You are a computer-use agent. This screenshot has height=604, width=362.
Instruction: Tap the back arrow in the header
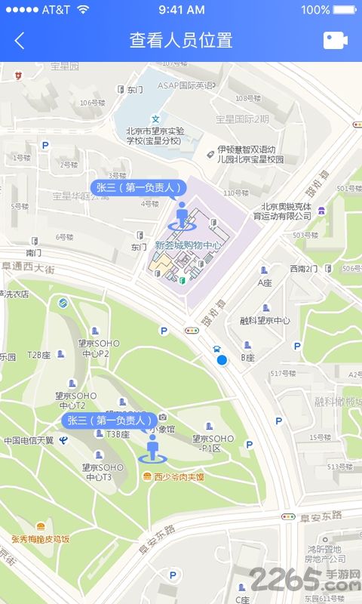(20, 41)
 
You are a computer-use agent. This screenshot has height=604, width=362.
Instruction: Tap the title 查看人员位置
(181, 41)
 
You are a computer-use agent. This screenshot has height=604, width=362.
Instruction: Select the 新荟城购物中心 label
(188, 245)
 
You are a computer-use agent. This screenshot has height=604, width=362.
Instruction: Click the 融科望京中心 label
(265, 320)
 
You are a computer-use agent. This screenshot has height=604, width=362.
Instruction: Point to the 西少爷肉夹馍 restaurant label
(179, 476)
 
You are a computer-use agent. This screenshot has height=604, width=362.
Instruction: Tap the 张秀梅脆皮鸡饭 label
(40, 538)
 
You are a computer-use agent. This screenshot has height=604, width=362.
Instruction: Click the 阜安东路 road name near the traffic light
(323, 516)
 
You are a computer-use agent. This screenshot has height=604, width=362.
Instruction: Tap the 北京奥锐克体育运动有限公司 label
(286, 211)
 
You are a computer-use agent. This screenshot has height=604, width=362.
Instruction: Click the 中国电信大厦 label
(29, 440)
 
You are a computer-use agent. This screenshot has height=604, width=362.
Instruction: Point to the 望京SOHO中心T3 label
(99, 472)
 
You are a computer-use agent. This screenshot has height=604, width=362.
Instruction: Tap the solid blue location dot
(222, 360)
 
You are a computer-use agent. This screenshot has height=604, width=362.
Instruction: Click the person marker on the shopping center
(181, 215)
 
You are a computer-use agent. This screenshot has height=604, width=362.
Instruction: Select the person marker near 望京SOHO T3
(153, 448)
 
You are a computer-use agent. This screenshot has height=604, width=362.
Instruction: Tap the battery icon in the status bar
(345, 10)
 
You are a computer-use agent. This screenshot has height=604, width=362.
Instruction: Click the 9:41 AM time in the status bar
(181, 10)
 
